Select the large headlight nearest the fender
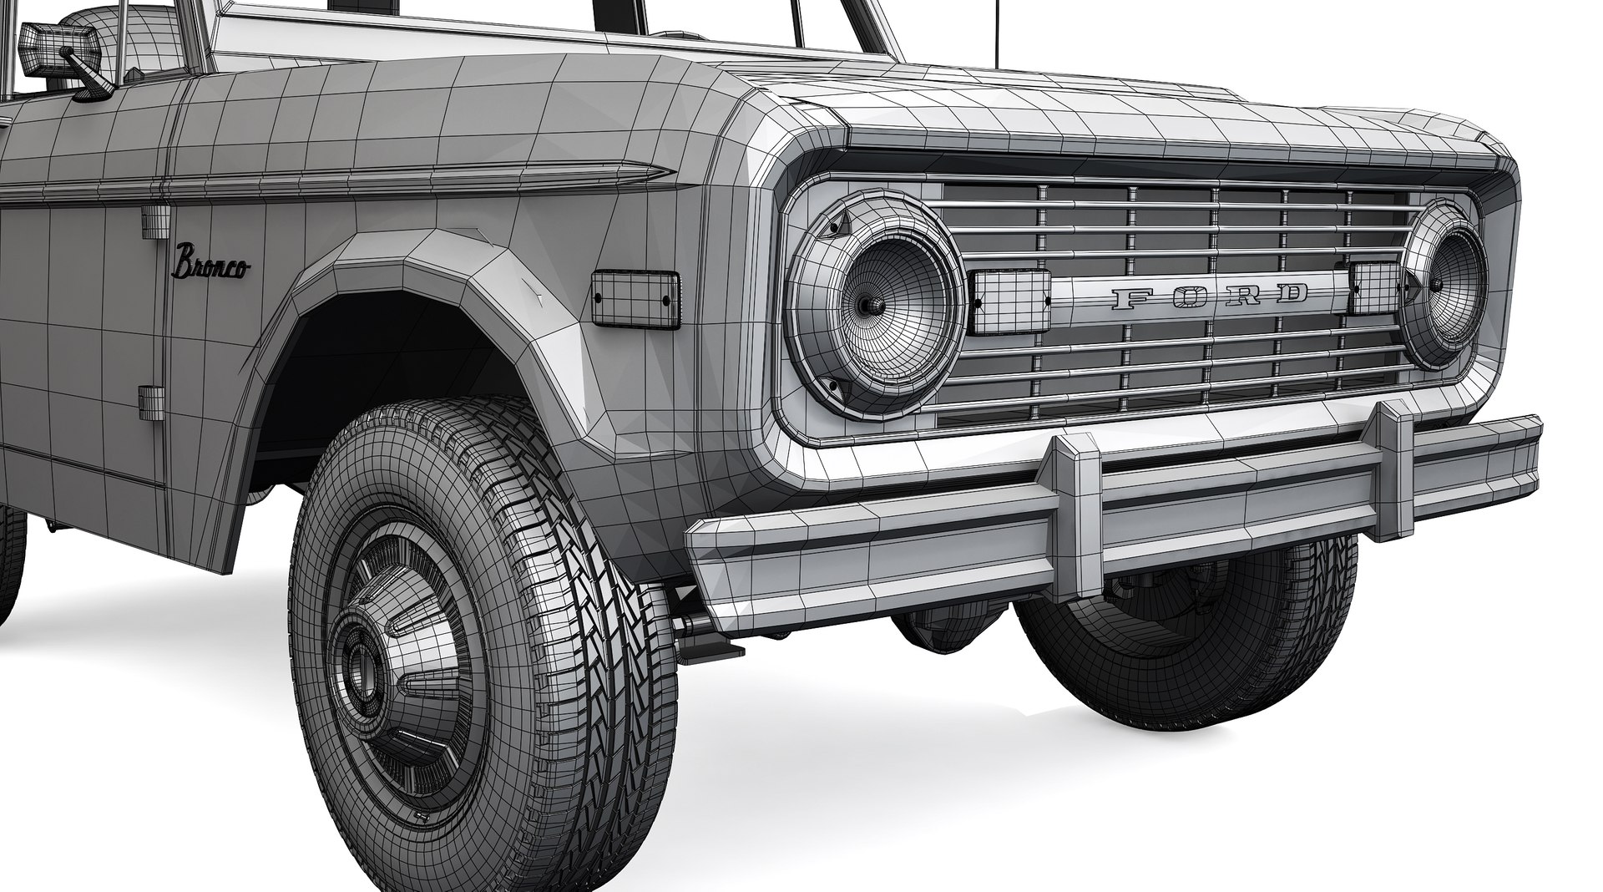(x=877, y=305)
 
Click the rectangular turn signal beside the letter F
(x=1011, y=302)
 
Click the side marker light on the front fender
(x=634, y=299)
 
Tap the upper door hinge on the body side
(x=155, y=223)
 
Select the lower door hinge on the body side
(x=151, y=402)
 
